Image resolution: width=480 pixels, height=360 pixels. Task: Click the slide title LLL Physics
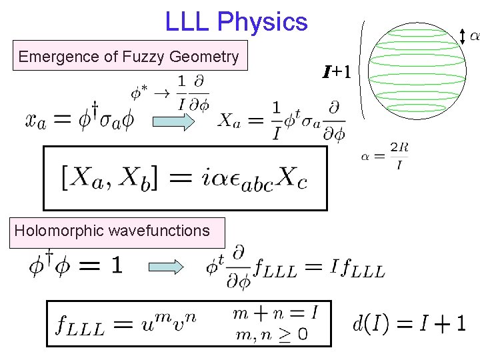pyautogui.click(x=236, y=23)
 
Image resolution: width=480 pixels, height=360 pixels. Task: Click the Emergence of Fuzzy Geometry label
pyautogui.click(x=128, y=57)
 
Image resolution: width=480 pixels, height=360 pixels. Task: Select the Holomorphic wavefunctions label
pyautogui.click(x=112, y=231)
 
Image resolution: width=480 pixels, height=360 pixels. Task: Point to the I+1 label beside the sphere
pyautogui.click(x=337, y=71)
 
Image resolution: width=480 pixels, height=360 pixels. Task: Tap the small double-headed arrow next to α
pyautogui.click(x=465, y=37)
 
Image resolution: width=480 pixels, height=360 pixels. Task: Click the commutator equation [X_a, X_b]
pyautogui.click(x=184, y=179)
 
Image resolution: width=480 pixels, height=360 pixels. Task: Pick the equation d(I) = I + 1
pyautogui.click(x=409, y=325)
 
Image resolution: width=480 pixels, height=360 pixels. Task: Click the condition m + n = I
pyautogui.click(x=275, y=312)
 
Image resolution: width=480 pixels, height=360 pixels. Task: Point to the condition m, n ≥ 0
pyautogui.click(x=271, y=334)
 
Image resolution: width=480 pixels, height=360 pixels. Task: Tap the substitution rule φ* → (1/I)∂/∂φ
pyautogui.click(x=170, y=93)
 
